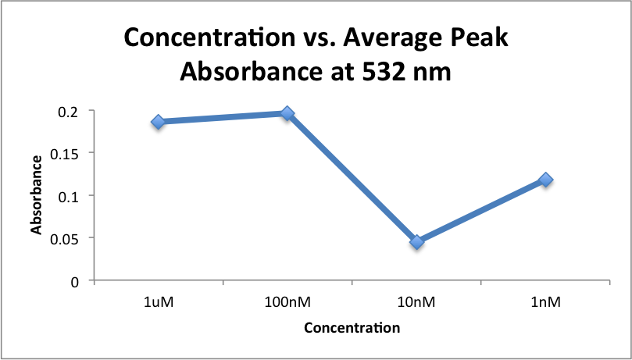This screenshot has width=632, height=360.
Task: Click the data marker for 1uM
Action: click(x=159, y=122)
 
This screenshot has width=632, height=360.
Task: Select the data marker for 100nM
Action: click(x=287, y=114)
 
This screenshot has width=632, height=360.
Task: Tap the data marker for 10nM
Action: click(x=416, y=242)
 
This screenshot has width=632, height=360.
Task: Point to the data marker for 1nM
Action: click(x=545, y=180)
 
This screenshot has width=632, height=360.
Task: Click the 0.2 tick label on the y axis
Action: click(x=70, y=111)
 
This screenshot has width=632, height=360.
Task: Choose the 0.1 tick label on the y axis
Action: click(x=70, y=196)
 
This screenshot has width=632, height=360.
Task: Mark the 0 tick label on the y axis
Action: click(x=77, y=281)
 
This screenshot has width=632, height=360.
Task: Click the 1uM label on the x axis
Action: click(x=159, y=301)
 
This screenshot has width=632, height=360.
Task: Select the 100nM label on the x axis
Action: click(x=287, y=301)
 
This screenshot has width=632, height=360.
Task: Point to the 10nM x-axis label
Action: click(x=416, y=301)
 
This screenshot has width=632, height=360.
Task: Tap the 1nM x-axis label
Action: click(x=545, y=301)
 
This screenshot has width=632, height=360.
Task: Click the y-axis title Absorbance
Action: click(x=36, y=195)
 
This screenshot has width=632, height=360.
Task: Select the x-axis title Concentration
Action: click(x=352, y=328)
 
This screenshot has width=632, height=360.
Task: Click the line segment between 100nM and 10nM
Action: click(x=352, y=178)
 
